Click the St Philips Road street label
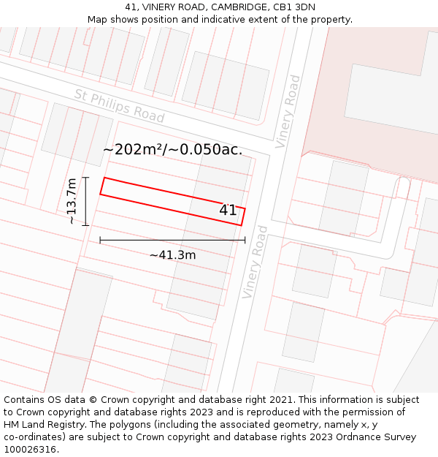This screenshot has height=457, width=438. (x=119, y=106)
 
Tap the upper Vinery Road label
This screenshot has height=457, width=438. (x=287, y=111)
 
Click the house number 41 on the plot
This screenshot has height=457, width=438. (x=228, y=211)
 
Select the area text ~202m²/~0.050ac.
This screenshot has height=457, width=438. (x=172, y=150)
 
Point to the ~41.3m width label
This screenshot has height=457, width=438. (x=172, y=255)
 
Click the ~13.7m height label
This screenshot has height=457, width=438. (x=72, y=201)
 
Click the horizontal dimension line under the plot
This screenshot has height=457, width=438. (x=172, y=240)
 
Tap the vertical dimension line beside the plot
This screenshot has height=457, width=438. (x=85, y=201)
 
